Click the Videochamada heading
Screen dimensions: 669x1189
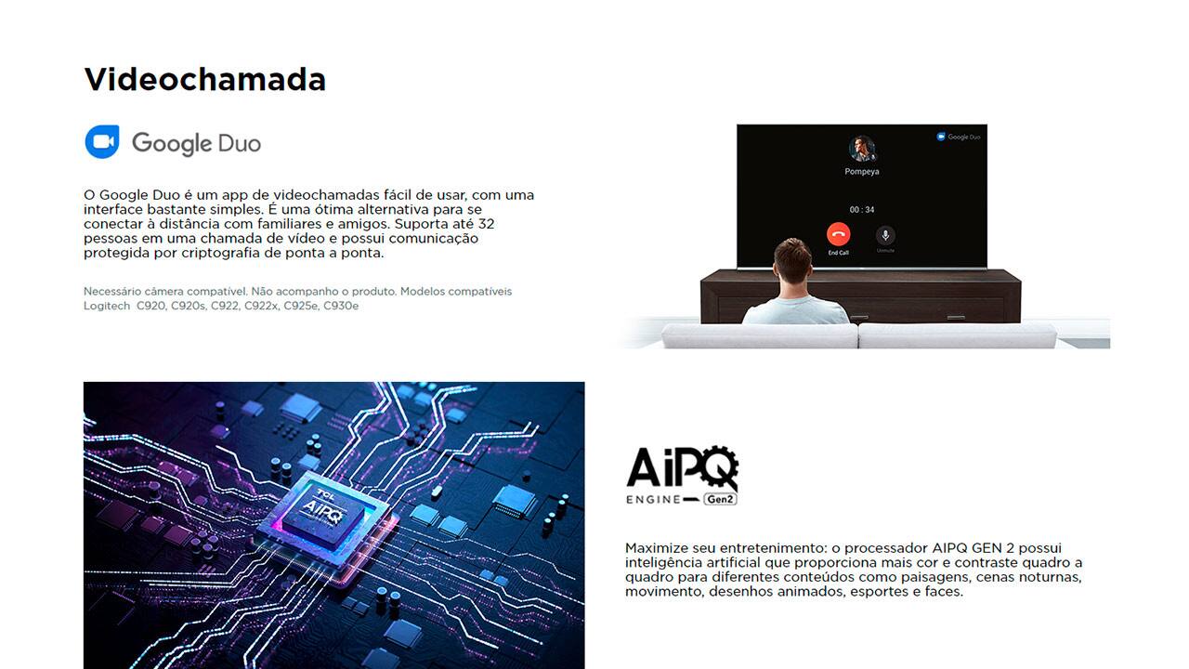point(204,80)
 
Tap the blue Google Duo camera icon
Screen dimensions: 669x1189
point(102,142)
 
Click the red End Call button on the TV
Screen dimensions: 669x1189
point(838,234)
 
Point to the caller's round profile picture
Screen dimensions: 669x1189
point(862,148)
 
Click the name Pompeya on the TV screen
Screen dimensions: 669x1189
point(862,172)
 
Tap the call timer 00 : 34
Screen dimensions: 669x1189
point(862,210)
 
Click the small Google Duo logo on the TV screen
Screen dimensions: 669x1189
point(959,137)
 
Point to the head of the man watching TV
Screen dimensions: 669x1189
point(792,259)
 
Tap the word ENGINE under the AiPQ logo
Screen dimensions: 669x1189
point(653,499)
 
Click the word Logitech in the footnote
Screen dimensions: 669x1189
point(107,306)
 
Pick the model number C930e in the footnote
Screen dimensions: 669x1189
point(340,306)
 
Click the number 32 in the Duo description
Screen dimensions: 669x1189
point(485,224)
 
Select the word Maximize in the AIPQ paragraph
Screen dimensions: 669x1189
point(656,548)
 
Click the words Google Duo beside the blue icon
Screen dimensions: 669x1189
point(196,143)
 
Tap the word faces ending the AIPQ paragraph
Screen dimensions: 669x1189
point(942,591)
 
